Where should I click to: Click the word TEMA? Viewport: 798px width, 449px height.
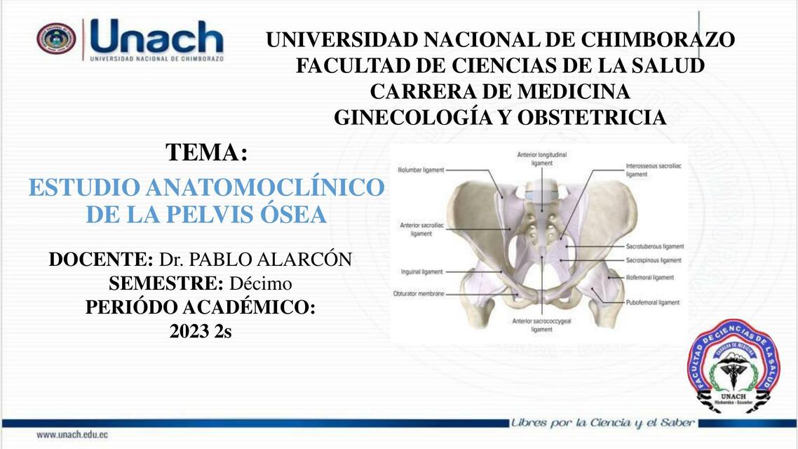tap(207, 152)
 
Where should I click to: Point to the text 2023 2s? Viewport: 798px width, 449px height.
tap(201, 331)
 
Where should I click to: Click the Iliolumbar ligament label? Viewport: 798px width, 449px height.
tap(420, 170)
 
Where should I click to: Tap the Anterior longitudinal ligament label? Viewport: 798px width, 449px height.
tap(541, 158)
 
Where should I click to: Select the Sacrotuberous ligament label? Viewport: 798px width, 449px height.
tap(654, 246)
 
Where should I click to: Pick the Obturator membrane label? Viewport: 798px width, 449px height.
tap(419, 294)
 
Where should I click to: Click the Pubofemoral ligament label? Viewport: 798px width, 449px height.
tap(652, 302)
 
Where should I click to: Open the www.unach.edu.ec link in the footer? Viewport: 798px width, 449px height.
tap(72, 435)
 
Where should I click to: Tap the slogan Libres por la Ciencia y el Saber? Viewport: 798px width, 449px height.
tap(603, 423)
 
